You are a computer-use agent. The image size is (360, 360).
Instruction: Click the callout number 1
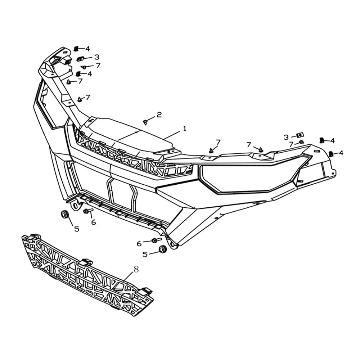point(185,129)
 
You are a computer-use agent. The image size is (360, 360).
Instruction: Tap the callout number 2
point(159,114)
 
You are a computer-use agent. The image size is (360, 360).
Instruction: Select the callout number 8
point(136,269)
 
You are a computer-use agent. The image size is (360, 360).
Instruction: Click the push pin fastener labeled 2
point(145,122)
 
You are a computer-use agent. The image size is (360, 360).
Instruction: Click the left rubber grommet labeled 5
point(64,214)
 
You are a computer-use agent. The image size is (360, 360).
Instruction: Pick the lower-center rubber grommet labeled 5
point(163,249)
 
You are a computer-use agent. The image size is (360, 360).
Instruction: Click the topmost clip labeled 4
point(76,49)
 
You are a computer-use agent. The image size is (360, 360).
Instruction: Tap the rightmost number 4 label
point(341,153)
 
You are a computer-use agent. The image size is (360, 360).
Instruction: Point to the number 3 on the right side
point(286,137)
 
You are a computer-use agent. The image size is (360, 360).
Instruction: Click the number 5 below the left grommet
point(77,229)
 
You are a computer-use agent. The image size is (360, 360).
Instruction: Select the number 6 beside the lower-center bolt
point(139,244)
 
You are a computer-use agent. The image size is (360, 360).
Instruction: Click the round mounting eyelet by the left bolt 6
point(75,205)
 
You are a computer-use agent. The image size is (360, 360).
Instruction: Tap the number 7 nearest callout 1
point(218,142)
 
